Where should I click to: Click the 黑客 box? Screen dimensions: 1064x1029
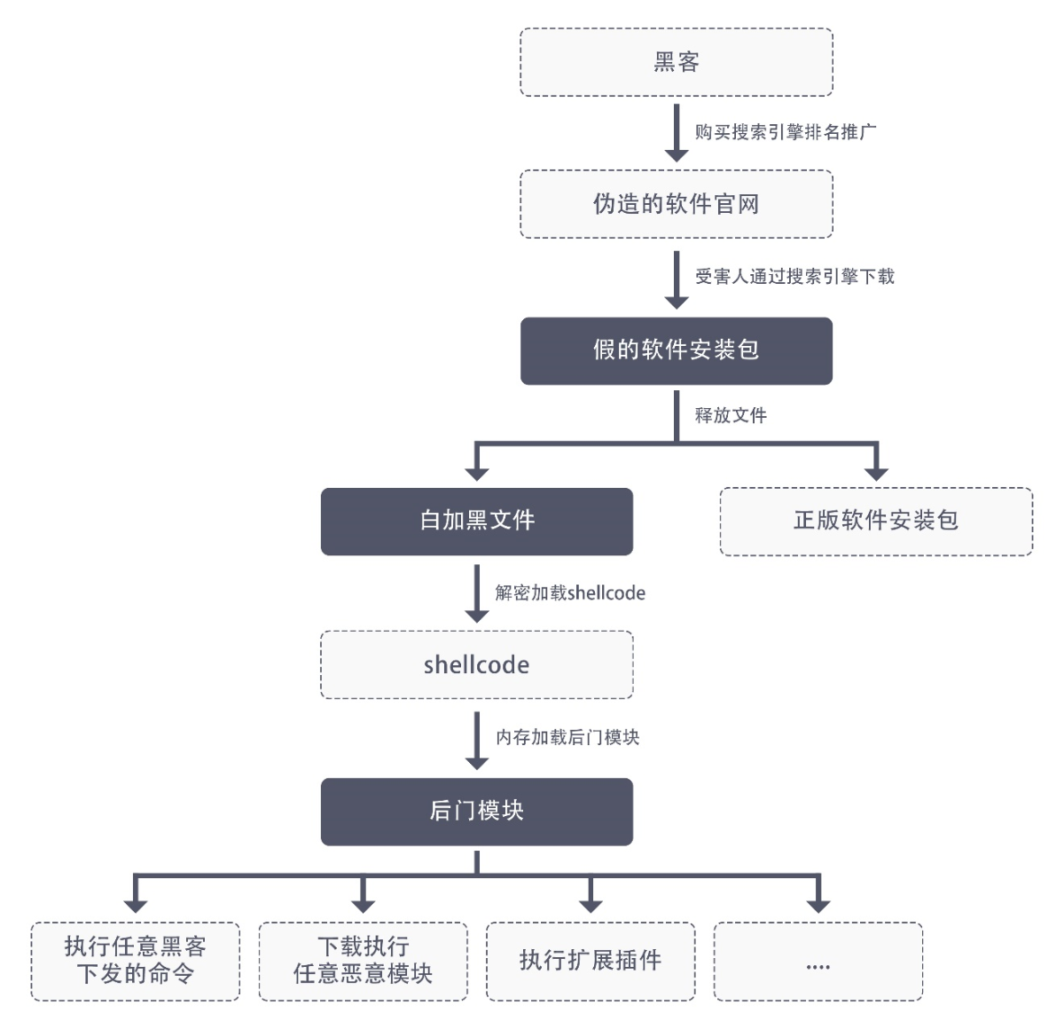[677, 62]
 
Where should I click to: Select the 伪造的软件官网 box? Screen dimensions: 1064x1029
[677, 204]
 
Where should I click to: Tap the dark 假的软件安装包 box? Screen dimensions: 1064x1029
[677, 350]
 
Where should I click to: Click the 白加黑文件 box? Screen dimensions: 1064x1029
[477, 522]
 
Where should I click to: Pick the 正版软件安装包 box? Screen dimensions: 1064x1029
[876, 522]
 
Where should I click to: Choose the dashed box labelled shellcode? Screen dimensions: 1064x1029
[477, 664]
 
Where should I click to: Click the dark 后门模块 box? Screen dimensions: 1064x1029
[477, 812]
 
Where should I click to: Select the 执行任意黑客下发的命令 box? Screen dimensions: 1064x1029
[135, 962]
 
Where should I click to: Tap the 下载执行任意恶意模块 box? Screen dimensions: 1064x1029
[363, 962]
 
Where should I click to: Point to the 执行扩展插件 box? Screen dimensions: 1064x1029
[591, 962]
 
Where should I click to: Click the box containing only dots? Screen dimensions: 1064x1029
[818, 962]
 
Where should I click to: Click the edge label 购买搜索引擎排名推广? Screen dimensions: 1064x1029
[786, 132]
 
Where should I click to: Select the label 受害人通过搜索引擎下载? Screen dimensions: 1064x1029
[794, 276]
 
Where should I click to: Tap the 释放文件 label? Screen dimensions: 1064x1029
[731, 415]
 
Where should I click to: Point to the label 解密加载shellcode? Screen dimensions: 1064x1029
[570, 593]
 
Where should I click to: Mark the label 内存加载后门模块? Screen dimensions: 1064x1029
[567, 737]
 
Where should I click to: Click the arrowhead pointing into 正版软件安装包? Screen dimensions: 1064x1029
[876, 475]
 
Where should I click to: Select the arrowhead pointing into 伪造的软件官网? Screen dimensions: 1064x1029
[677, 155]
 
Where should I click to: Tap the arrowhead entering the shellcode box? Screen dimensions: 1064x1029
[477, 616]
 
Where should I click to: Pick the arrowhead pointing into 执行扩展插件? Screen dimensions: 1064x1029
[591, 907]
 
